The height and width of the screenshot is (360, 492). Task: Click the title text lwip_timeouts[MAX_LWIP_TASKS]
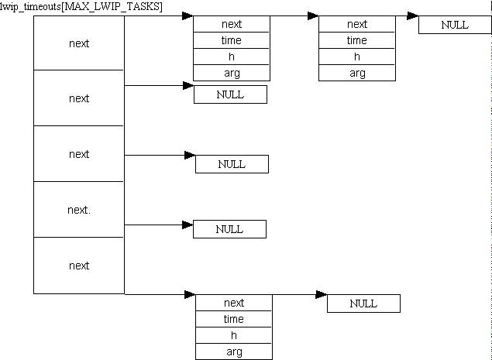coord(81,7)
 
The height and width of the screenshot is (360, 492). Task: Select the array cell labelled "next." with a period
coord(79,210)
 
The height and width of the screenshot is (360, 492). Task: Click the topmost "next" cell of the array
coord(79,43)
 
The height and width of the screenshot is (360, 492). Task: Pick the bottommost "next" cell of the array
coord(79,266)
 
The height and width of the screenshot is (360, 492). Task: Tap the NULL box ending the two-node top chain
coord(455,25)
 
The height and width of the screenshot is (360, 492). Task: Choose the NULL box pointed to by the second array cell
coord(230,94)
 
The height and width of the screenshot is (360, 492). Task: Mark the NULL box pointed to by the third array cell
coord(232,164)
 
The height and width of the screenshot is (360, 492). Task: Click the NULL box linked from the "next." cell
coord(229,229)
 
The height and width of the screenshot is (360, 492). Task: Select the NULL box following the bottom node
coord(363,303)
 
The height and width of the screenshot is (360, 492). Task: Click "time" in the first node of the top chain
coord(232,40)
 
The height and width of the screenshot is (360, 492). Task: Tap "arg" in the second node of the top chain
coord(357,73)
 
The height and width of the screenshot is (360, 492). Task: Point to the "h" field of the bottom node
coord(234,335)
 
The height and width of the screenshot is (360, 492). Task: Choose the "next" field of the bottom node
coord(234,303)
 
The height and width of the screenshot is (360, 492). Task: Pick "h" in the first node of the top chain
coord(232,57)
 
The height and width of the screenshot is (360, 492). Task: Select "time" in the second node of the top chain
coord(357,40)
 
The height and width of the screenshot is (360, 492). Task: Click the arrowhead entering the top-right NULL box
coord(413,15)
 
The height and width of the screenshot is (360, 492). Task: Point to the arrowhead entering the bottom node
coord(190,294)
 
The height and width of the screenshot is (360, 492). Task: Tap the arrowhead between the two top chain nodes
coord(313,15)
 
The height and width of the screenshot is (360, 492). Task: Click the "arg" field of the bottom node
coord(234,351)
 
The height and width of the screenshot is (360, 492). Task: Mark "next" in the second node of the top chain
coord(357,24)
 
